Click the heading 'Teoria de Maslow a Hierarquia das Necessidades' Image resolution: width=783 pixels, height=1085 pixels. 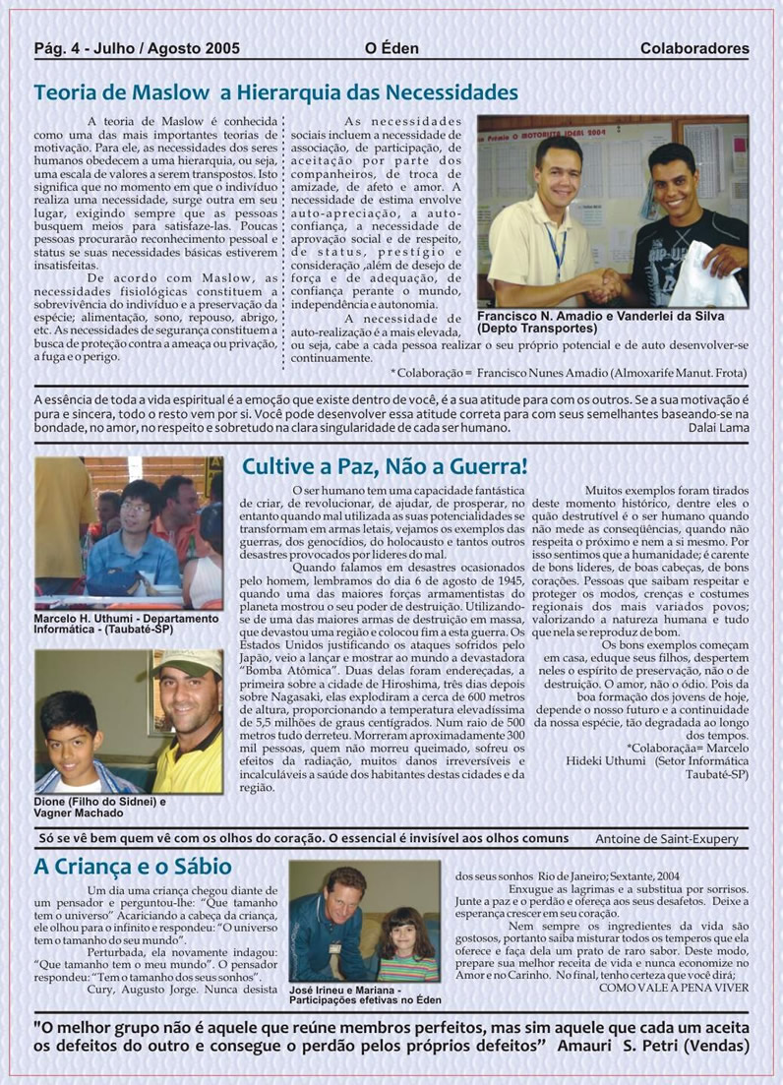(x=275, y=92)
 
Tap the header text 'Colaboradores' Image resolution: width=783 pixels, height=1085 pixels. (x=693, y=48)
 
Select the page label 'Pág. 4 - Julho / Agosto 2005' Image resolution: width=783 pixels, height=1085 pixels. (x=137, y=48)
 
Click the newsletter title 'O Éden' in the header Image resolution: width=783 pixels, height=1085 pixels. (x=391, y=48)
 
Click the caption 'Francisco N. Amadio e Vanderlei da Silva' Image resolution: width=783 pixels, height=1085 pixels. (x=600, y=317)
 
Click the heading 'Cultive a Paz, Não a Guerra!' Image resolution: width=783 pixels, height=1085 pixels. (x=385, y=466)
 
